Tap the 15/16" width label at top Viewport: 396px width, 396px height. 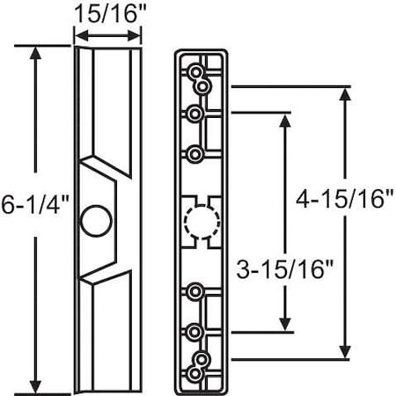point(106,13)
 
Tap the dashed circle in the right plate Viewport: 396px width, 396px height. point(201,218)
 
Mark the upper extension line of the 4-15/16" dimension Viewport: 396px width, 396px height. point(290,86)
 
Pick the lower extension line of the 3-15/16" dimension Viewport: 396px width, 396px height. point(264,334)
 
